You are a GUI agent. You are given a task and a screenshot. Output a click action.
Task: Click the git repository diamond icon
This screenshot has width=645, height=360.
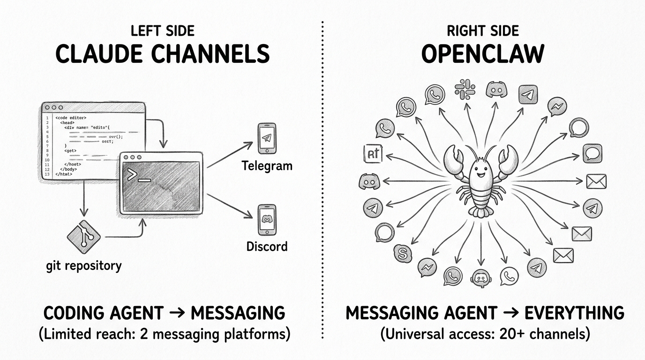pos(84,237)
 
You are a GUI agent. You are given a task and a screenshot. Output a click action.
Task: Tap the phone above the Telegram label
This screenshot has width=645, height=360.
pos(267,138)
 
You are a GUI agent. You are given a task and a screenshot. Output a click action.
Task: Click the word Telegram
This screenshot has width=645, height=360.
pos(267,165)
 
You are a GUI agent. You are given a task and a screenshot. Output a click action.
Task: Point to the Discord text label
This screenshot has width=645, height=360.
pos(266,246)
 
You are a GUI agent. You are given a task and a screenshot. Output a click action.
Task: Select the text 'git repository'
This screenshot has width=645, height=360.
pos(84,266)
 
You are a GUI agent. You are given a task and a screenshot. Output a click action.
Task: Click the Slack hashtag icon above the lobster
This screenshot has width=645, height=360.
pos(465,89)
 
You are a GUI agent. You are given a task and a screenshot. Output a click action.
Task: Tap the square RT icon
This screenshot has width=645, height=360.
pos(373,154)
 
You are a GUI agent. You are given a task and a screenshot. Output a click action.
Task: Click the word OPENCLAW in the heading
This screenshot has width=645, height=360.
pos(482,54)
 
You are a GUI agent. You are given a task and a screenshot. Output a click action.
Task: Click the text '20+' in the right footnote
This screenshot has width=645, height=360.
pos(520,334)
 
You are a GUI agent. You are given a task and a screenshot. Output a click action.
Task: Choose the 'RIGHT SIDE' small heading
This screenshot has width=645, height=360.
pos(482,31)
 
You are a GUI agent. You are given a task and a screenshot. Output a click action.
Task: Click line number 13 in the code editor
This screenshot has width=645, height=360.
pos(46,174)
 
